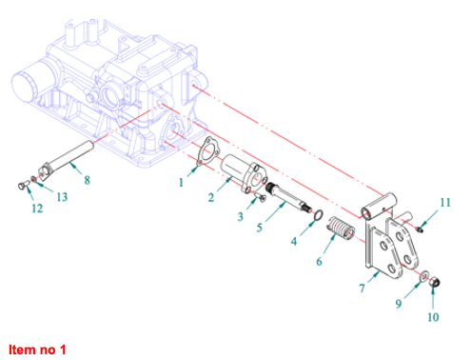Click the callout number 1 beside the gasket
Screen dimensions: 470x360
tap(181, 183)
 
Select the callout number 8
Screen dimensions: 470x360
tap(87, 180)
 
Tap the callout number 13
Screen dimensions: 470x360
tap(62, 197)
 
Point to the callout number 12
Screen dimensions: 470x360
tap(37, 209)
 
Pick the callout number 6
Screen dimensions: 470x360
tap(319, 262)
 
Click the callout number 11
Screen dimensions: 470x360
tap(445, 203)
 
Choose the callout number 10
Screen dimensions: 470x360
tap(433, 317)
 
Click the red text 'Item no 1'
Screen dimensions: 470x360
tap(37, 350)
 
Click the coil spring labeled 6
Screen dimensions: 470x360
tap(341, 228)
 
